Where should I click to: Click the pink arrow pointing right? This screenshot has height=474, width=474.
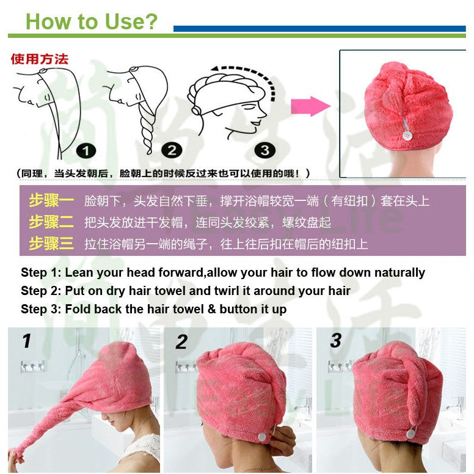[310, 106]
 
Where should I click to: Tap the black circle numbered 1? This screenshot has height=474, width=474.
[86, 151]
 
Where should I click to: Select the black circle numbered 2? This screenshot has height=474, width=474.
[172, 150]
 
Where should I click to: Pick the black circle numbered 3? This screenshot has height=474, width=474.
[265, 150]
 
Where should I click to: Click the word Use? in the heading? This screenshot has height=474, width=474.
[131, 21]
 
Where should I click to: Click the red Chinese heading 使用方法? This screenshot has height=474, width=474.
[40, 59]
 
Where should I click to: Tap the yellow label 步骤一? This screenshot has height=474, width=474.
[51, 200]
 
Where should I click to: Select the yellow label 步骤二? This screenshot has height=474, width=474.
[51, 222]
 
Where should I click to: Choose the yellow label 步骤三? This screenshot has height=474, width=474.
[51, 243]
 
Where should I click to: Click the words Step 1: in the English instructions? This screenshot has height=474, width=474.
[41, 272]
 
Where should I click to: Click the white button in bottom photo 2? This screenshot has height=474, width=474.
[262, 437]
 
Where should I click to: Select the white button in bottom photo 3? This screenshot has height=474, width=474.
[411, 434]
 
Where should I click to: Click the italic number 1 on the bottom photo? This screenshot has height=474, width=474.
[27, 341]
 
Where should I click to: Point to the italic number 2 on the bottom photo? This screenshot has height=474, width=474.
[181, 342]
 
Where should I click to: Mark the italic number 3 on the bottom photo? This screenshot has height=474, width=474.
[336, 341]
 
